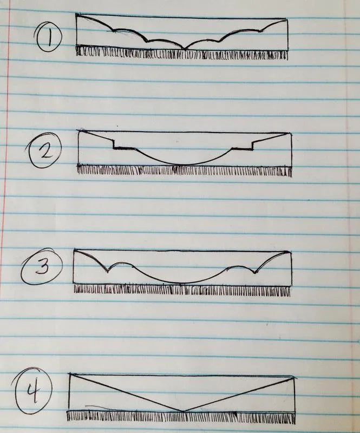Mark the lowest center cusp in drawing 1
tap(184, 49)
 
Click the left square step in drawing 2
tap(113, 146)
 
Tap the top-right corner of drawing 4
tap(295, 377)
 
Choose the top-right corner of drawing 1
tap(286, 19)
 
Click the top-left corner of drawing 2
tap(79, 130)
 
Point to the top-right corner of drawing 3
tap(291, 252)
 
